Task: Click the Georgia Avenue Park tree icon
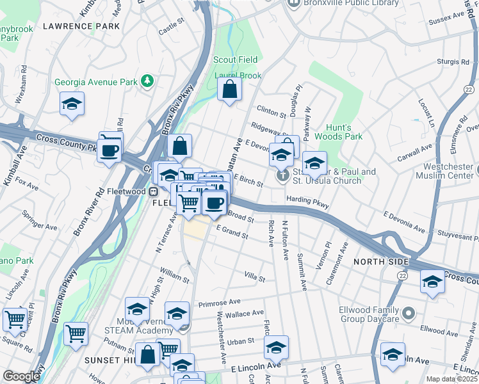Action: pyautogui.click(x=148, y=81)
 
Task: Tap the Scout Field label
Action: pyautogui.click(x=235, y=60)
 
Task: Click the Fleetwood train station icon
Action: pyautogui.click(x=154, y=191)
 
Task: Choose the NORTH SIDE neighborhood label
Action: pyautogui.click(x=381, y=262)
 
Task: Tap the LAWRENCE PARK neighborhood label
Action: pyautogui.click(x=81, y=26)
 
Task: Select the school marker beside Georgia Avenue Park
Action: pyautogui.click(x=72, y=104)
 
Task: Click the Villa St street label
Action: pyautogui.click(x=254, y=276)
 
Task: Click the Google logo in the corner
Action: pyautogui.click(x=20, y=376)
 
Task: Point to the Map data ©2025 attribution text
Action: pyautogui.click(x=452, y=379)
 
